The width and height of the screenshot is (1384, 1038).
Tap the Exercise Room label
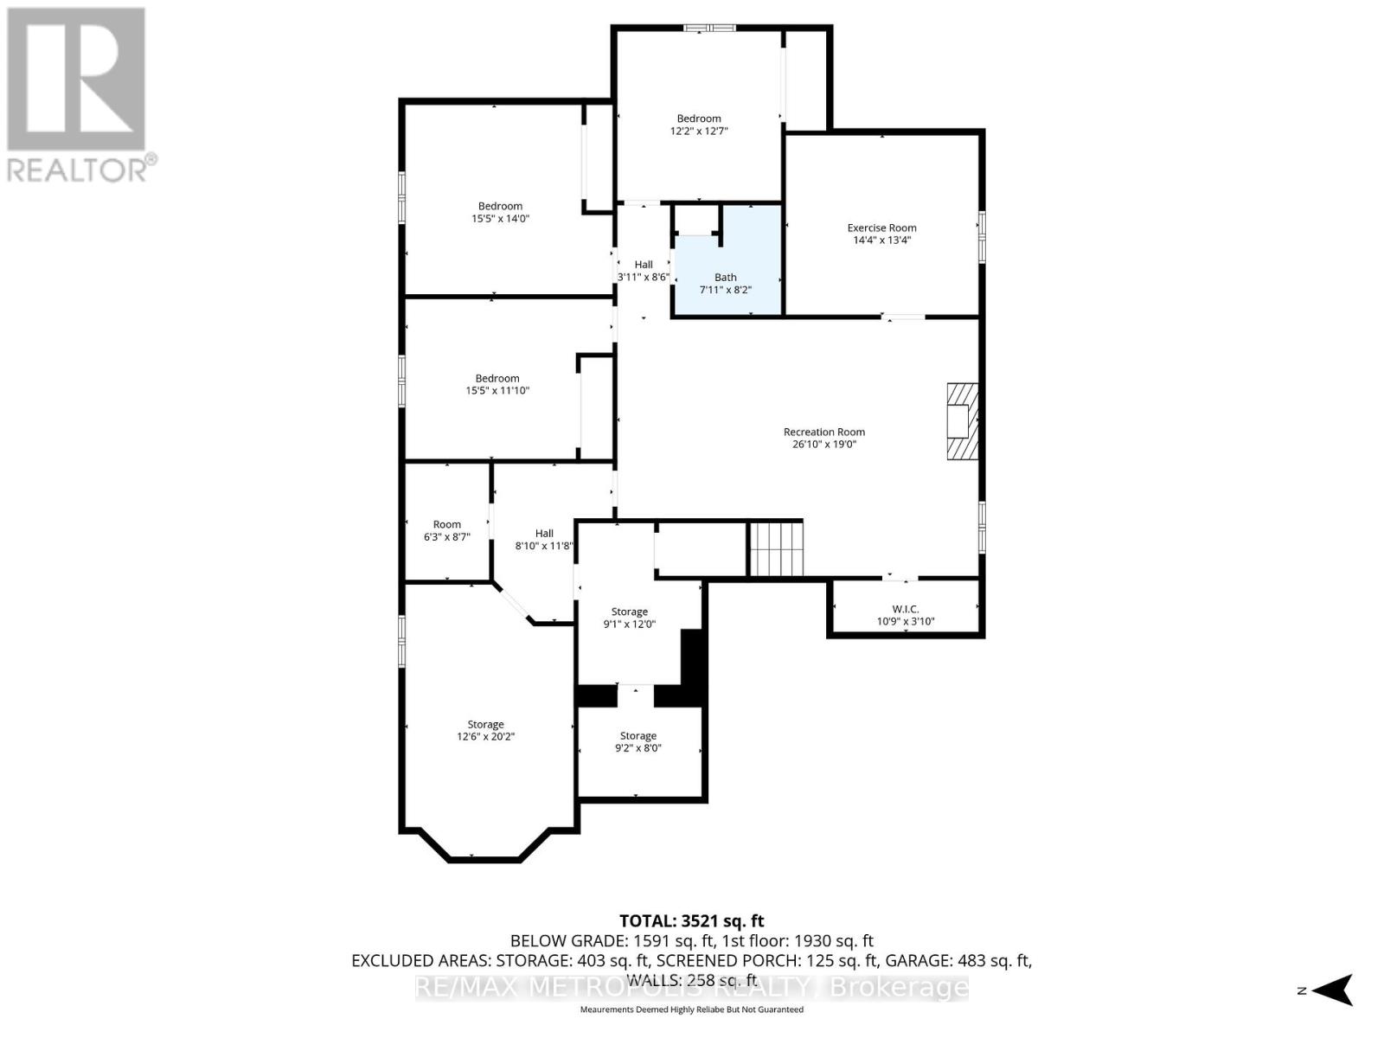point(881,228)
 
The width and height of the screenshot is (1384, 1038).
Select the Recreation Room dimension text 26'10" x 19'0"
point(823,445)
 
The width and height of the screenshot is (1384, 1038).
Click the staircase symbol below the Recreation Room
point(776,548)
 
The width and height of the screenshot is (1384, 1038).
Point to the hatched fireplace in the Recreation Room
point(961,421)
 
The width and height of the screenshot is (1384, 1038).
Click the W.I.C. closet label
point(906,609)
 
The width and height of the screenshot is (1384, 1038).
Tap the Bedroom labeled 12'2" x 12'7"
point(699,125)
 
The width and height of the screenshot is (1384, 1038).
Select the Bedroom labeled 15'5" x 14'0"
point(500,212)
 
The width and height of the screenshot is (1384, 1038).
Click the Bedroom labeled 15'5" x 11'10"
point(497,384)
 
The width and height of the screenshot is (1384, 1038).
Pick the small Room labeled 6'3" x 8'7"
point(447,530)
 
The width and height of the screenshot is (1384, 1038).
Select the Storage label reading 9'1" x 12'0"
point(629,618)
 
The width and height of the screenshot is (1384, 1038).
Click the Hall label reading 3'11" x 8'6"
point(643,271)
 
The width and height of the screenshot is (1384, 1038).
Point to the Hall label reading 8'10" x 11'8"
point(544,540)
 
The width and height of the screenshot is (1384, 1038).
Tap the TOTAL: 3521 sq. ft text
point(692,921)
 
